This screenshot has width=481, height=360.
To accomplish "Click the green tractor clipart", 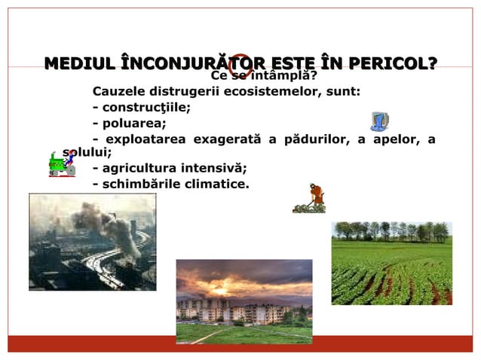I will click(x=60, y=163).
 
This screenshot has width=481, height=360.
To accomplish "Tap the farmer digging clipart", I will click(x=310, y=198).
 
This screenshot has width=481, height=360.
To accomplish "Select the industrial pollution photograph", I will click(x=92, y=241).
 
